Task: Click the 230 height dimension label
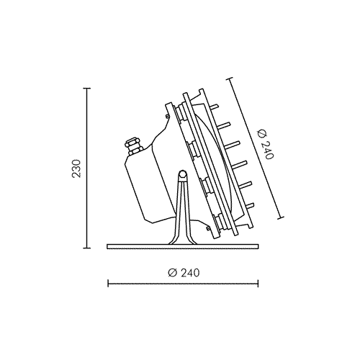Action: (77, 168)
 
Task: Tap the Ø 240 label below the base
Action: (184, 273)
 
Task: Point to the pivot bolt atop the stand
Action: (183, 174)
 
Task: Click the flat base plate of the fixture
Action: (183, 246)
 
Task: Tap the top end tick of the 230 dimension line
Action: (86, 89)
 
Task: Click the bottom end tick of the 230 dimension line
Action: (86, 248)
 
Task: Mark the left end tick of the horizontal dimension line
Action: (108, 284)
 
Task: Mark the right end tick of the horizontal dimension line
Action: (258, 284)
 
